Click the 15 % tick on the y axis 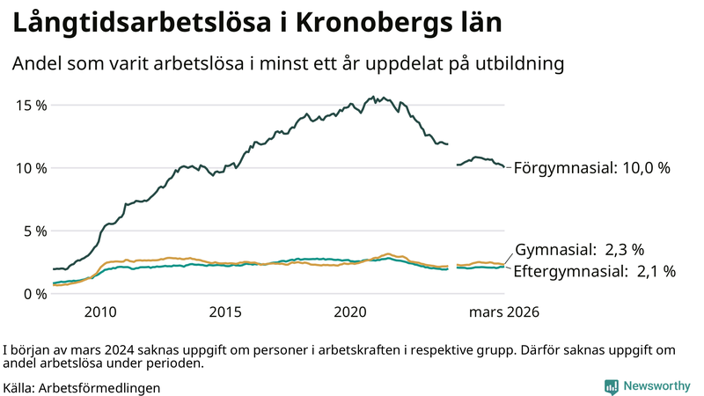pyautogui.click(x=31, y=105)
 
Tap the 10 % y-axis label pyautogui.click(x=31, y=168)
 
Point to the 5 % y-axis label pyautogui.click(x=34, y=231)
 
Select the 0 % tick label pyautogui.click(x=34, y=294)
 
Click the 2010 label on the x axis pyautogui.click(x=100, y=312)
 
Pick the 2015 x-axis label pyautogui.click(x=226, y=312)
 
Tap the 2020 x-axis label pyautogui.click(x=351, y=312)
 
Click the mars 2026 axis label pyautogui.click(x=503, y=312)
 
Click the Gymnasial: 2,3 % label pyautogui.click(x=579, y=249)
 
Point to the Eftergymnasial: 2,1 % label pyautogui.click(x=594, y=272)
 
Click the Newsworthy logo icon pyautogui.click(x=611, y=386)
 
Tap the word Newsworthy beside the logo pyautogui.click(x=656, y=386)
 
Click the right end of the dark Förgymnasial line pyautogui.click(x=503, y=167)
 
